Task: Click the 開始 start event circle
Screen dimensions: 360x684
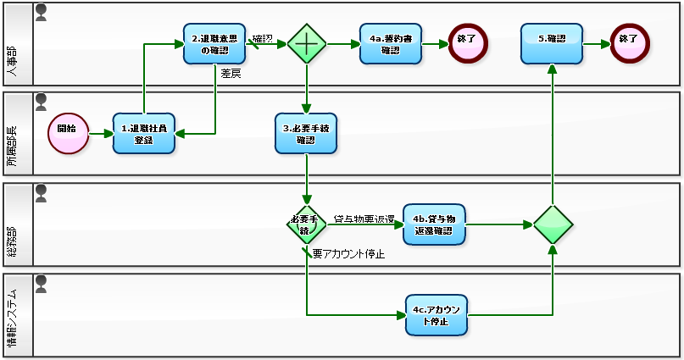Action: tap(68, 133)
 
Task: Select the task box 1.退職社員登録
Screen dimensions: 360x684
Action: tap(143, 133)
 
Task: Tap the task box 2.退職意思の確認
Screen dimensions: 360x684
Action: tap(214, 43)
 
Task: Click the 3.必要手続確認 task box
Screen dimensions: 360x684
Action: tap(306, 133)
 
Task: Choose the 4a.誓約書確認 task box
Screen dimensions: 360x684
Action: tap(390, 43)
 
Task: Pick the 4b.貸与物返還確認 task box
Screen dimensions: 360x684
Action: tap(434, 224)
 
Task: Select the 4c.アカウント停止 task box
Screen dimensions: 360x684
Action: tap(437, 314)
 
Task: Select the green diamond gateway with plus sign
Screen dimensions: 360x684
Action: tap(306, 43)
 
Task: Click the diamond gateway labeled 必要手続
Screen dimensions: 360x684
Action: tap(306, 224)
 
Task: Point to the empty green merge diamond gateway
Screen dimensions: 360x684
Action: tap(553, 224)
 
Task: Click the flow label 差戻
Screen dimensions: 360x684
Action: tap(231, 74)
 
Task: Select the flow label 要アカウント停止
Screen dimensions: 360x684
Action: tap(348, 252)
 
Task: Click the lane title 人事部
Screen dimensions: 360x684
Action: tap(18, 44)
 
